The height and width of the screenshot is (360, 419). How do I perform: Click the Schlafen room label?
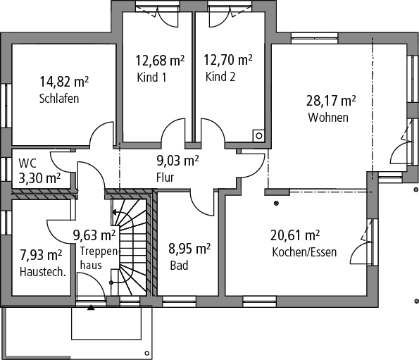coord(59,99)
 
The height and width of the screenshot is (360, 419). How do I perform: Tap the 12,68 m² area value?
coord(160,61)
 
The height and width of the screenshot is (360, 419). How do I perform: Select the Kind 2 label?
coord(220,77)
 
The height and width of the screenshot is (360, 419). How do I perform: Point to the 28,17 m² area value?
coord(331,101)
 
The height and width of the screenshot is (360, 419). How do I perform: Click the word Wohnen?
coord(328,118)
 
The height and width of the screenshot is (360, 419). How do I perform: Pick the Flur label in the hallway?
coord(165,178)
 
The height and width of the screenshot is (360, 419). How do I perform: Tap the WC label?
coord(27,163)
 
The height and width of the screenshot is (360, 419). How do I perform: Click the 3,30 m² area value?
coord(39,178)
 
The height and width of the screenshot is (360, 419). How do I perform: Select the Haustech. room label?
coord(43,272)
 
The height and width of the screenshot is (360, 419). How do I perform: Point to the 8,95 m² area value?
coord(189,249)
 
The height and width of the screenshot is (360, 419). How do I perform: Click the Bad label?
coord(179,266)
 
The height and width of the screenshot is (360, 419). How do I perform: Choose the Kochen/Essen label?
coord(304,252)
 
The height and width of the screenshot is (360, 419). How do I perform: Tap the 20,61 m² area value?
coord(295,235)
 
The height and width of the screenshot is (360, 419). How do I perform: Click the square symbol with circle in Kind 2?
coord(258,135)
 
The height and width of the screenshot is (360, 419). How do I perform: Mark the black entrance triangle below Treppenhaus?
coord(91,307)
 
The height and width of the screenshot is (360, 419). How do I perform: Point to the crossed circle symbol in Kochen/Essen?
coord(276,203)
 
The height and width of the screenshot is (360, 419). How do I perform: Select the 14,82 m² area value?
coord(64,82)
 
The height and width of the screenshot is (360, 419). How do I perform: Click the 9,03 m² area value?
coord(177,161)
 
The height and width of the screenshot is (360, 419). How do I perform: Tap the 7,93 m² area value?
coord(41,255)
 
